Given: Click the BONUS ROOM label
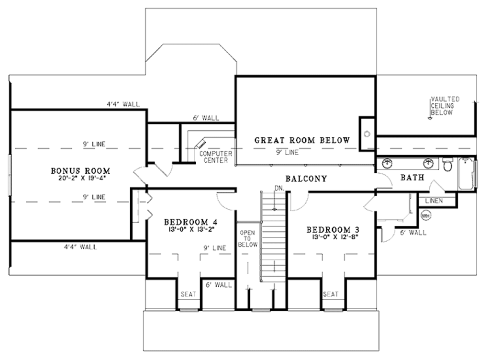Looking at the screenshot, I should [x=81, y=170].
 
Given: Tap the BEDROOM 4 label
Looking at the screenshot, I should [x=191, y=222].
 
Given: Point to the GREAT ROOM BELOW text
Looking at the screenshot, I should [x=301, y=140].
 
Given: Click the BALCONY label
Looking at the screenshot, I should [x=306, y=179].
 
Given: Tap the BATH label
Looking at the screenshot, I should [x=412, y=178].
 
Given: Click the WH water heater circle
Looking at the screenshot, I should [x=425, y=216].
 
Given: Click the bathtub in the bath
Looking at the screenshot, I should [x=467, y=175].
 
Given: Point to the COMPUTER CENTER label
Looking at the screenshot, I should [x=216, y=157].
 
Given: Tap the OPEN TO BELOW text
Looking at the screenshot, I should [x=248, y=238].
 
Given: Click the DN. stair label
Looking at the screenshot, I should [x=279, y=188].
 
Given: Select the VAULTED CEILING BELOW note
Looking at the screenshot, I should [x=445, y=106].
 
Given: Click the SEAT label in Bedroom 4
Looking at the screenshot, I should [x=189, y=294].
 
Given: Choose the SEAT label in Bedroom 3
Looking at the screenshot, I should [x=331, y=294].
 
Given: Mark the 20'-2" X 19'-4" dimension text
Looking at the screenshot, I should [x=81, y=179].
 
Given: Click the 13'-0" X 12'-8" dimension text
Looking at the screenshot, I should [x=333, y=236].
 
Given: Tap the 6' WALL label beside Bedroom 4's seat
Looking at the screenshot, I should [x=218, y=285].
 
